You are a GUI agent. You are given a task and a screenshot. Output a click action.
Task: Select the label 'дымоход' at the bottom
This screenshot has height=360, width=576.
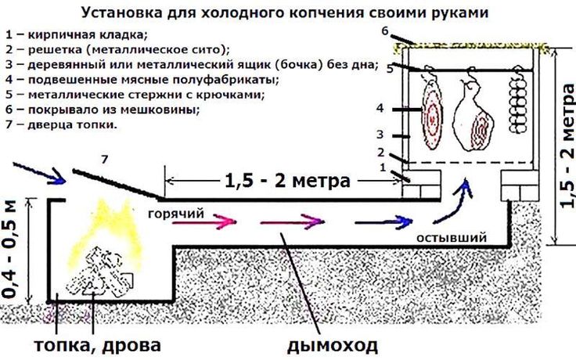coord(332,344)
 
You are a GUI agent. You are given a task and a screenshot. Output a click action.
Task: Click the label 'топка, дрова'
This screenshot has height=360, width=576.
coord(98,344)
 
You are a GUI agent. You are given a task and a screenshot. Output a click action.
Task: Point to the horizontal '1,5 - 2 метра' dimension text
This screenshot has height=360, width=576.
coord(287,181)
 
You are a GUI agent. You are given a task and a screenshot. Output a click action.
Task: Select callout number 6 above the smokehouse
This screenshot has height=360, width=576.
coord(385,31)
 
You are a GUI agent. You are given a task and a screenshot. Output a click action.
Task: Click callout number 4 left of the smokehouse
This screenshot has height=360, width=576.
coord(380,108)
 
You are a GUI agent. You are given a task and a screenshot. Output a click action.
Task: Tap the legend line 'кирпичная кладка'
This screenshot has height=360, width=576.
coord(76,36)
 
